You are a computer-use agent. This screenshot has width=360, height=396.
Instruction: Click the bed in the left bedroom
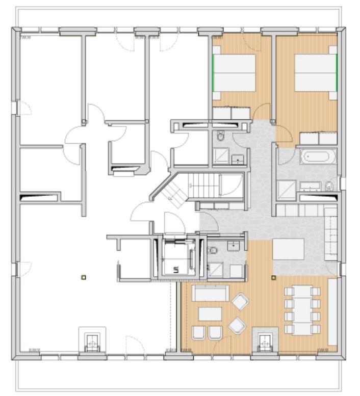[234, 72]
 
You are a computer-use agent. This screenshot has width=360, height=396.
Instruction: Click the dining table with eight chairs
[301, 309]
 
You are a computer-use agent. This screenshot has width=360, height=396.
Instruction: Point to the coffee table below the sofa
[209, 313]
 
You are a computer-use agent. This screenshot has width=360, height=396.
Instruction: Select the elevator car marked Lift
[176, 256]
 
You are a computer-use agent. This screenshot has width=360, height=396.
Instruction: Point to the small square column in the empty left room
[83, 277]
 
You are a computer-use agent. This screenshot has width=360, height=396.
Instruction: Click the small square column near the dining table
[273, 278]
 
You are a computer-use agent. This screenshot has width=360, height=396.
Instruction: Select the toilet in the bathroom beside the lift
[214, 250]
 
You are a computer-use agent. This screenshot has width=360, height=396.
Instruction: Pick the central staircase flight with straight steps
[204, 183]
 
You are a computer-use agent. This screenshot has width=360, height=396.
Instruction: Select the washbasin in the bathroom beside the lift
[234, 246]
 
